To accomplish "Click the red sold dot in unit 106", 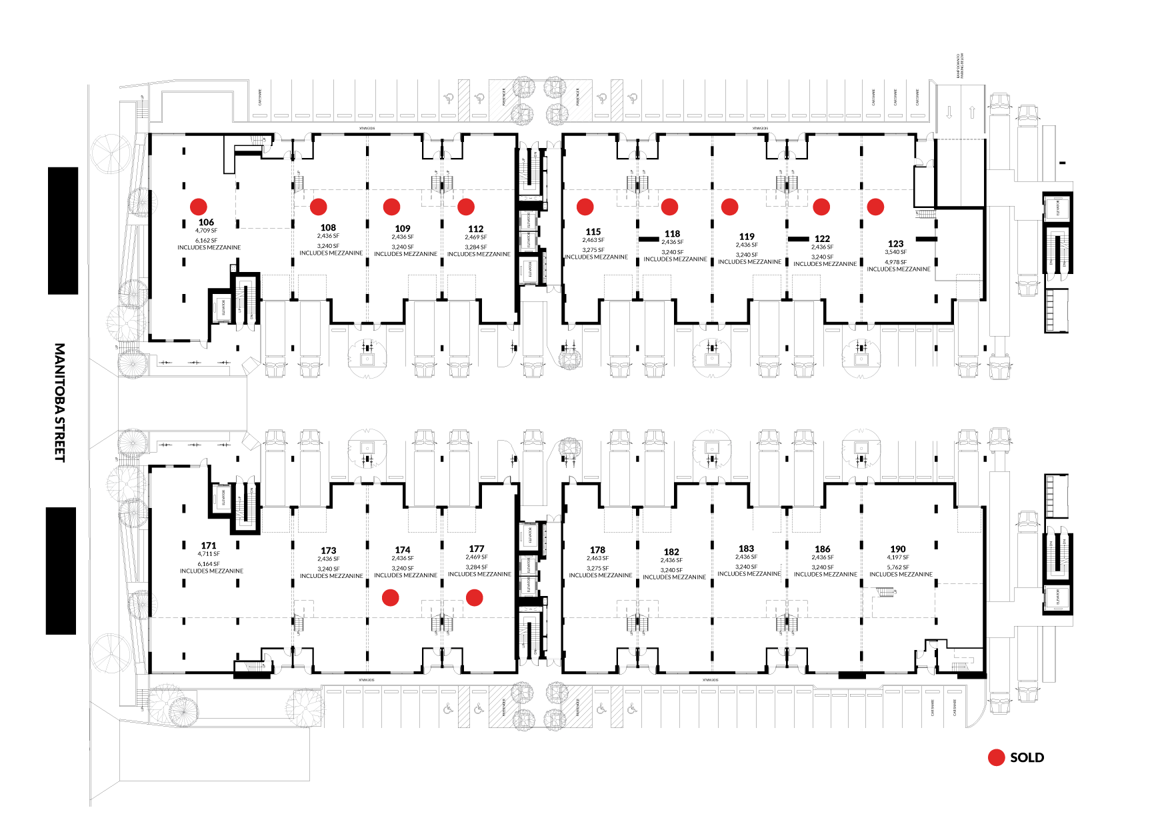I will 199,207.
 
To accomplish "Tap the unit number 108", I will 328,227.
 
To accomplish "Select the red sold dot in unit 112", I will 466,207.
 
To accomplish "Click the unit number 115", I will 593,232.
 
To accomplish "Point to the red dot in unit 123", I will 875,207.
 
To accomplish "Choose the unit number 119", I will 747,237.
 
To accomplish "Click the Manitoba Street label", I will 60,402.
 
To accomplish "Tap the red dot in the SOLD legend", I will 996,757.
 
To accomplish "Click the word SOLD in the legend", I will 1027,757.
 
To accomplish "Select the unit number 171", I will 209,545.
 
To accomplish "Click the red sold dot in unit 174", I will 391,597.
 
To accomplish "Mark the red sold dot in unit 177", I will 474,597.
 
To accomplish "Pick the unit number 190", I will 898,549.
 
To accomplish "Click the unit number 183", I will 746,549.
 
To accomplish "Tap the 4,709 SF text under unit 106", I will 206,231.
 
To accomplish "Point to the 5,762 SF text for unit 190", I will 898,567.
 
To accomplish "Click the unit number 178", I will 597,550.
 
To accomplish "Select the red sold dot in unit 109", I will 392,207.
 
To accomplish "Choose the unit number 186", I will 823,549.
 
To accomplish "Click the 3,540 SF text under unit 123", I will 896,252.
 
